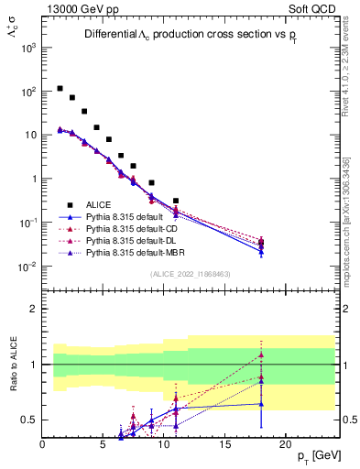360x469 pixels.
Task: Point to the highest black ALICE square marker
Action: click(60, 89)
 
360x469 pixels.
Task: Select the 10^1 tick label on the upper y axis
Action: click(30, 135)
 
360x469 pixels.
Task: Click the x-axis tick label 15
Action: click(224, 444)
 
